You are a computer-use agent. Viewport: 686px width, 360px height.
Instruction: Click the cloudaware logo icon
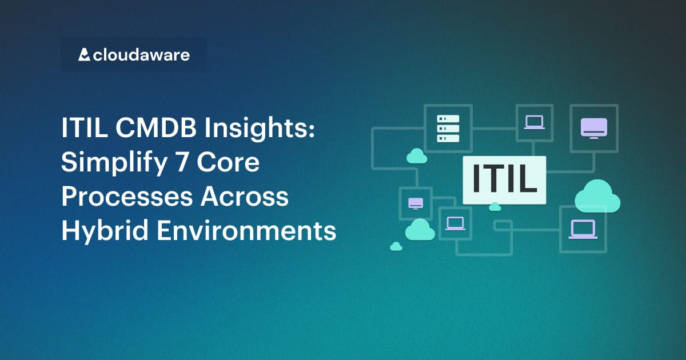84,55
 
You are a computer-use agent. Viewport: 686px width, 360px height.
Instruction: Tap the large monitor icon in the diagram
594,127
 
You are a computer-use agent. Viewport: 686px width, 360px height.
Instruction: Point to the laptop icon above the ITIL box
535,122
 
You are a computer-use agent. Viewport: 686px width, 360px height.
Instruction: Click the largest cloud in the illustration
597,196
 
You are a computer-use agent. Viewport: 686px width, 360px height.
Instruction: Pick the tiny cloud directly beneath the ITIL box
495,206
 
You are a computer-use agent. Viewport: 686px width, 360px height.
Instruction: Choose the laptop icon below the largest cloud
583,229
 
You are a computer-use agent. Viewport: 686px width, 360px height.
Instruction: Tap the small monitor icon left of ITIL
416,203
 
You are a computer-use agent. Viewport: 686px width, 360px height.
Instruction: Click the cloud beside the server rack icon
416,155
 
